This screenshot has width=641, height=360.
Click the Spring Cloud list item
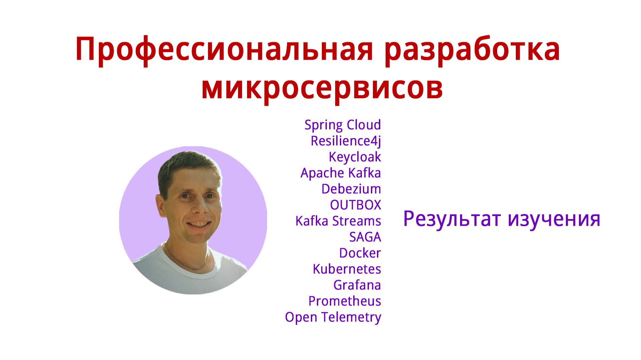tap(343, 125)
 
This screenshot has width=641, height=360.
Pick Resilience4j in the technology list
tap(346, 141)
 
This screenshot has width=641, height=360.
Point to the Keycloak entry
tap(355, 157)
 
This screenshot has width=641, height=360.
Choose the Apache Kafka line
tap(341, 173)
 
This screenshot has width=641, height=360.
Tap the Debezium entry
tap(351, 189)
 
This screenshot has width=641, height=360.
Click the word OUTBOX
tap(355, 205)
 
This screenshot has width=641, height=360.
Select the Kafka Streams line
tap(338, 221)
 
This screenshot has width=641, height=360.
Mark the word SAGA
tap(365, 237)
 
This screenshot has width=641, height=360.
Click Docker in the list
tap(360, 253)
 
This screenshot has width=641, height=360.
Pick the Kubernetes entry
tap(347, 269)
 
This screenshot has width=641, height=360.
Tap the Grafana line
tap(357, 285)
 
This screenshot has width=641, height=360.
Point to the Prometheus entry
tap(345, 301)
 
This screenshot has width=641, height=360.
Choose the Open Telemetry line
tap(333, 317)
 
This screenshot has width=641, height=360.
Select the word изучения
tap(554, 219)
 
